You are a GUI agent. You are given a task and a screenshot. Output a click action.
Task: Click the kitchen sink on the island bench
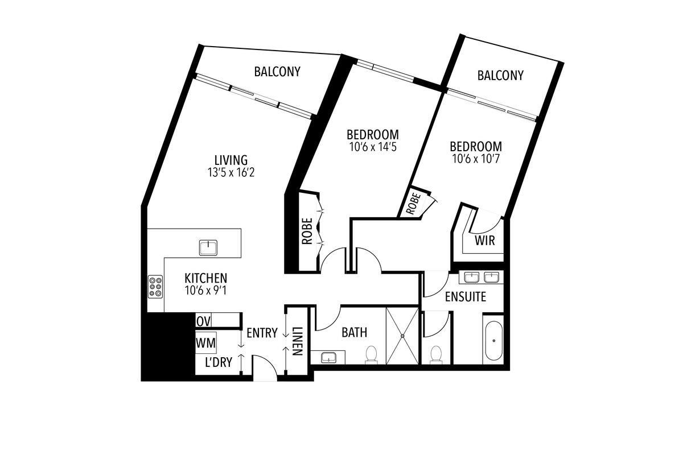point(208,247)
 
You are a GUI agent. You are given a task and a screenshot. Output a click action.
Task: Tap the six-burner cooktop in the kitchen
point(155,287)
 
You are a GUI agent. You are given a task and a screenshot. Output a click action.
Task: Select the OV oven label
point(203,321)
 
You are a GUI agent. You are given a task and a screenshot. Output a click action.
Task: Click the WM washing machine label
point(205,343)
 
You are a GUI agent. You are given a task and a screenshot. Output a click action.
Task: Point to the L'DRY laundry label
point(219,362)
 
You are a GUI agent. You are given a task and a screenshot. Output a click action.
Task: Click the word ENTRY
point(262,333)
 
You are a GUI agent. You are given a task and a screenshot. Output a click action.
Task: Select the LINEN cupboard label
point(297,341)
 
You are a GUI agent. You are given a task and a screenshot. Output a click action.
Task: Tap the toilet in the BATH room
point(371,354)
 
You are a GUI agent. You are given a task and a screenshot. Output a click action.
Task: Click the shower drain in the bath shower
point(402,336)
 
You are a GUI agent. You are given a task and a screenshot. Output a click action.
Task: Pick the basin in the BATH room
point(328,357)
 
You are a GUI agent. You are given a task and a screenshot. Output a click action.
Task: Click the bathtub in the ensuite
point(493,341)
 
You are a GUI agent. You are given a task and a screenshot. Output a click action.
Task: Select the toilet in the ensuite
point(436,355)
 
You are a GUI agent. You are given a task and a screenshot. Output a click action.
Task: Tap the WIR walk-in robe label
point(485,241)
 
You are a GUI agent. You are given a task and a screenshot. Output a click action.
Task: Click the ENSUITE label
point(466,296)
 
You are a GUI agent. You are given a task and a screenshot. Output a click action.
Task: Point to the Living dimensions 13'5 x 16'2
point(231,173)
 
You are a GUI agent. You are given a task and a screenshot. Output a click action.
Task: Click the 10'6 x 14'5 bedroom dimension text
point(373,147)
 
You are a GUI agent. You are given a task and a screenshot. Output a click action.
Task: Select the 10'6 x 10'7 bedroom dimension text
point(476,159)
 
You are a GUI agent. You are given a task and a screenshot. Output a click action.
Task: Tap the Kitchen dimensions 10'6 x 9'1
point(206,291)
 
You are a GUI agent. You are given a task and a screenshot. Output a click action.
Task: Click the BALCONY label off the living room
point(277,72)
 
